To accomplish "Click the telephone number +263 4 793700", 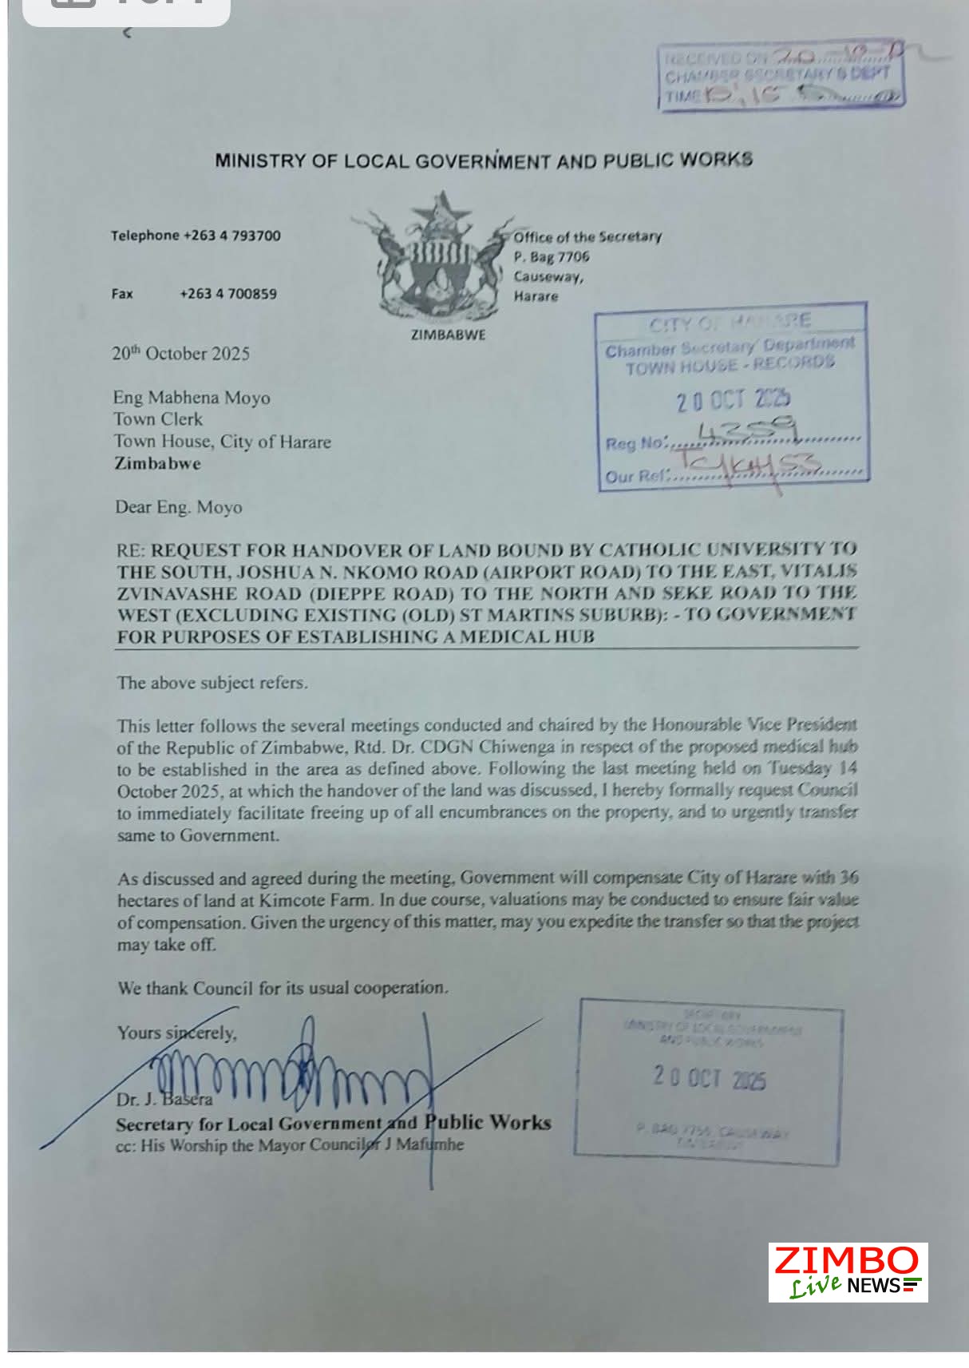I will (x=231, y=236).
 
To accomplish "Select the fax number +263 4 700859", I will (x=228, y=294).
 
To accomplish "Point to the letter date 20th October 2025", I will (x=180, y=354).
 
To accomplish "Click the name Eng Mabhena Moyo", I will (x=192, y=398).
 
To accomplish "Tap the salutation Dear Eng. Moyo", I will (x=178, y=507).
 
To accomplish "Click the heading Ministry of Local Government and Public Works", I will (x=483, y=161).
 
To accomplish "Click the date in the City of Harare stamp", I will (x=733, y=399).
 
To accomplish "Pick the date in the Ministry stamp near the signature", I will (x=709, y=1078).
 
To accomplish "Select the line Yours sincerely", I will (x=176, y=1033).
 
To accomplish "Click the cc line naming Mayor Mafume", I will (x=290, y=1144).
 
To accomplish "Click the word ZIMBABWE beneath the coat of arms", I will (x=447, y=335).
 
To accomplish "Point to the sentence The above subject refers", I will (x=212, y=683).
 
